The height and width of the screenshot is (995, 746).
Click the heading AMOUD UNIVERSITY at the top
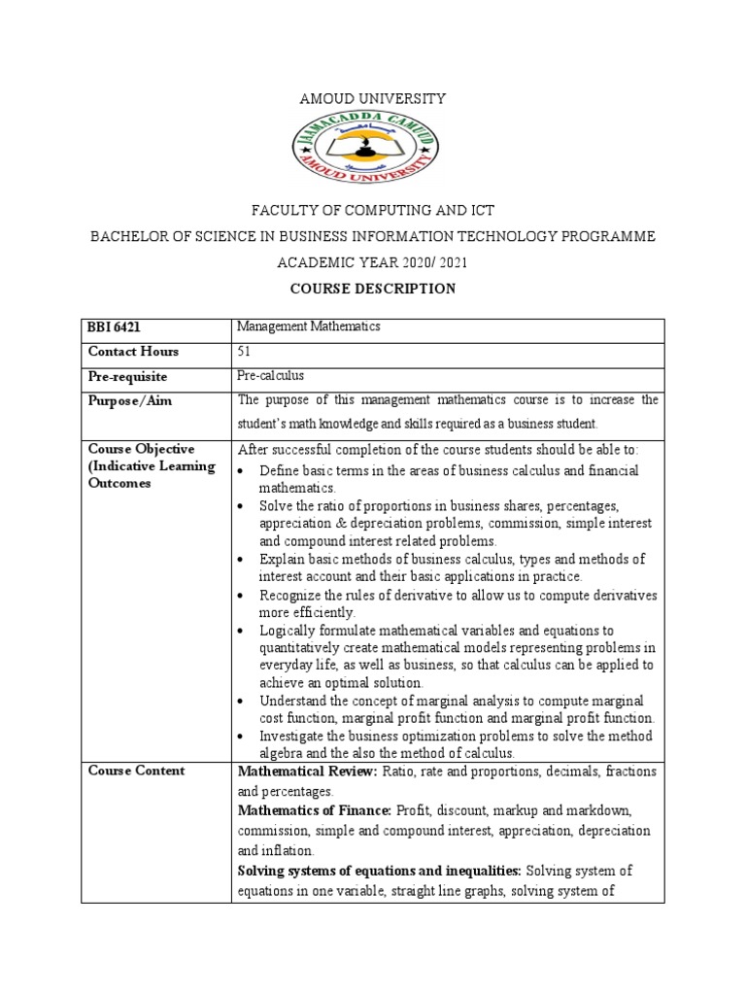(373, 99)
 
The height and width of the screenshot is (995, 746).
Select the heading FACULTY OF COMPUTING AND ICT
(373, 211)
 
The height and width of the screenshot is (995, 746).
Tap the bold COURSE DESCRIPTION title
(373, 289)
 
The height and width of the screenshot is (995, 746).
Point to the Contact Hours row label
(134, 352)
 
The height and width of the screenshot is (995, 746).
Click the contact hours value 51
(245, 351)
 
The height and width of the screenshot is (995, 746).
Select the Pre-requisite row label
(128, 376)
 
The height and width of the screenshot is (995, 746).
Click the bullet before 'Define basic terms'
(243, 471)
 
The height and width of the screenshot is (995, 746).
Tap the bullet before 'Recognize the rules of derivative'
(243, 595)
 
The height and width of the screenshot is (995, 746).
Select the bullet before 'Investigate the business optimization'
(243, 737)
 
